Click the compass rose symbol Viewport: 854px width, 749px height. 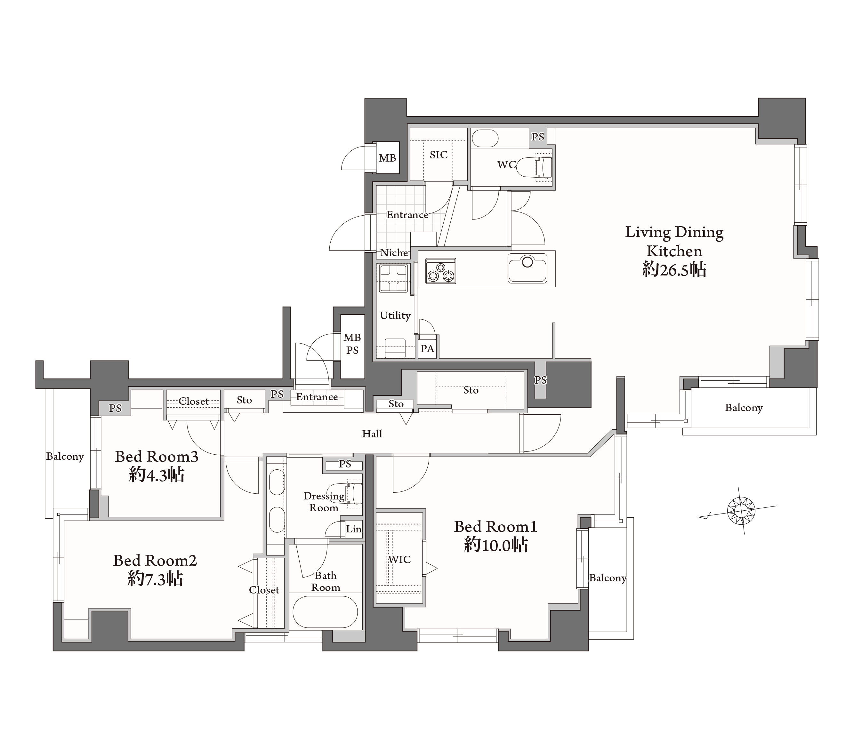[x=741, y=510]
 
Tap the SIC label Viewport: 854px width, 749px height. [x=438, y=155]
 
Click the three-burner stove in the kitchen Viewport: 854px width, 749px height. [x=441, y=271]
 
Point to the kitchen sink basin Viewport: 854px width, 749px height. [x=527, y=268]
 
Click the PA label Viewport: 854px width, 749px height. [x=427, y=348]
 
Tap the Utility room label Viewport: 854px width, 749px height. [x=395, y=316]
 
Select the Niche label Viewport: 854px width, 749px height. [x=394, y=253]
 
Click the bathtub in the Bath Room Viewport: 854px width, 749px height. [x=326, y=611]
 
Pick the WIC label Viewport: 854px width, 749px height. [x=399, y=559]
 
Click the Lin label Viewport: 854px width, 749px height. [x=353, y=529]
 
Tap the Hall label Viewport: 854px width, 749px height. [x=372, y=434]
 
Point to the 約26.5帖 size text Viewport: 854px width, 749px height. [x=674, y=269]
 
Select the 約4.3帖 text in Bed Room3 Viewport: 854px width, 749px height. [x=157, y=475]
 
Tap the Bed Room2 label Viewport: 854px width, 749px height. [x=155, y=560]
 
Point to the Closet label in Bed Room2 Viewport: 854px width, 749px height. [x=264, y=590]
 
